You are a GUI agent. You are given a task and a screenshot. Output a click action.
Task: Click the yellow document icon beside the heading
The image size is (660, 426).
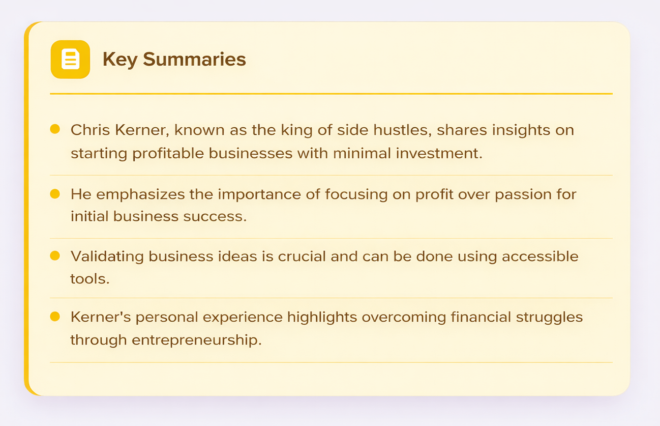point(70,59)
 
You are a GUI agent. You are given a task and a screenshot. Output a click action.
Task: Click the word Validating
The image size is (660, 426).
point(107,255)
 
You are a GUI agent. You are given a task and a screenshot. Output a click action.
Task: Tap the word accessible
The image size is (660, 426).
point(540,255)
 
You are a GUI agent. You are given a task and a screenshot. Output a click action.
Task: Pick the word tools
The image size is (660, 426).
point(89,278)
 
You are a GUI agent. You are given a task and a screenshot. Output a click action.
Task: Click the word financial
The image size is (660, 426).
point(481,317)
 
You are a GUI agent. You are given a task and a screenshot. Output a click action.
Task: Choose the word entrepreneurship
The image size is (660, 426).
point(196,339)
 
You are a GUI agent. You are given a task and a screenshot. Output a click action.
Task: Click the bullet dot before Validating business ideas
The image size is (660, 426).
point(55,255)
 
